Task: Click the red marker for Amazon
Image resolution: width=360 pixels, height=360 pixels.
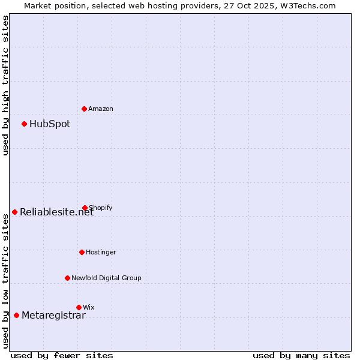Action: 84,109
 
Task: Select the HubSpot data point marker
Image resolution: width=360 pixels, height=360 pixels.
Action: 24,124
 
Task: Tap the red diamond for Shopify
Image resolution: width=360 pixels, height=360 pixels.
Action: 85,208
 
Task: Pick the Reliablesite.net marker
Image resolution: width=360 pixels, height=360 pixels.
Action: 14,212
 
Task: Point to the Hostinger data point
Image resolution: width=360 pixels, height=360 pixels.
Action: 82,252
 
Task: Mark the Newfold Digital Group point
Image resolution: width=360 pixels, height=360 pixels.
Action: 67,278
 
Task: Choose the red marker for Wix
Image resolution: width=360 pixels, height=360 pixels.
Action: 79,307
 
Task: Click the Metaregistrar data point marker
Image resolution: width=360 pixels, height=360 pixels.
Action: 16,315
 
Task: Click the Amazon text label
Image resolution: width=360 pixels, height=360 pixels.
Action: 101,109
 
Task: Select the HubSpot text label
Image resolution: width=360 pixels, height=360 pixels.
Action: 50,124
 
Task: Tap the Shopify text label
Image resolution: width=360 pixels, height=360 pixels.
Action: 101,208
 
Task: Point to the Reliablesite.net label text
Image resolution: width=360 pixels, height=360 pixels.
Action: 56,212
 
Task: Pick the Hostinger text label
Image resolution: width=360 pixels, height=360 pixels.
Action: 101,252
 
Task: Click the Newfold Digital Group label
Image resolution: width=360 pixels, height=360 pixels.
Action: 106,278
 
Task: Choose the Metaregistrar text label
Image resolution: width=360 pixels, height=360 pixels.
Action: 53,316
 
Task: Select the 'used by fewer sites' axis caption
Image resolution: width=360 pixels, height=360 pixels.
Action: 62,355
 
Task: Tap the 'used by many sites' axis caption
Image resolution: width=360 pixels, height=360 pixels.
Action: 301,355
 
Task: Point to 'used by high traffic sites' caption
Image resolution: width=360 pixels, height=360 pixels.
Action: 5,85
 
